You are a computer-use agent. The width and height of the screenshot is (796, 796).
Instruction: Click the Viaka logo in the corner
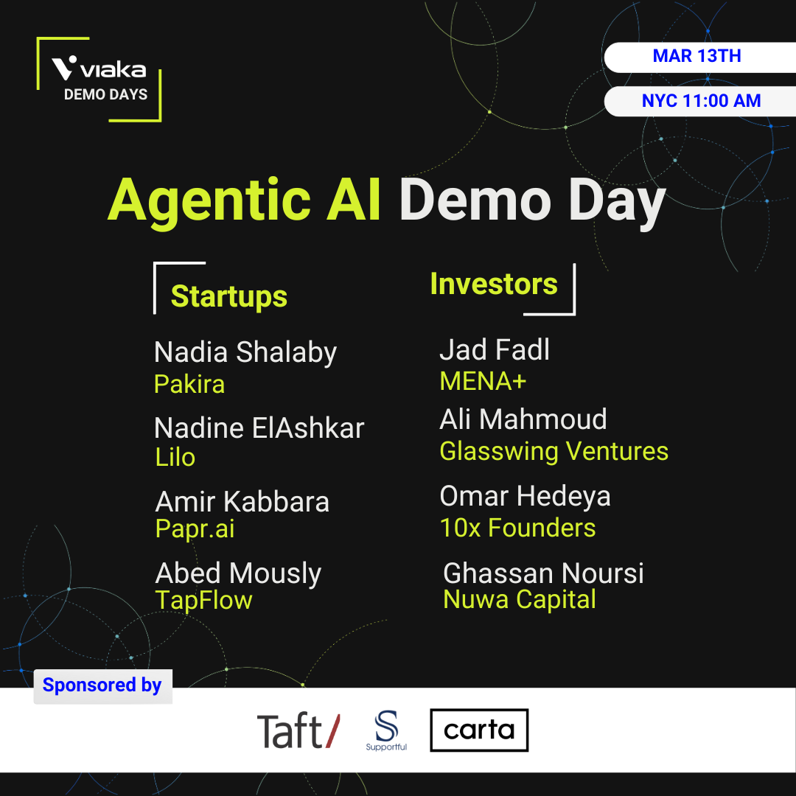[99, 79]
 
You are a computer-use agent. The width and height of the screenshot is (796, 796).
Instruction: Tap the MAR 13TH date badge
[699, 57]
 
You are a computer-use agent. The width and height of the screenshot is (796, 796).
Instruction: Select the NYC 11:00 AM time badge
[699, 101]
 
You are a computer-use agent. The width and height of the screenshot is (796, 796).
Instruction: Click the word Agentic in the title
[209, 202]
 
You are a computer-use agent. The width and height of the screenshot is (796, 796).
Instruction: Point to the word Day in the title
[617, 202]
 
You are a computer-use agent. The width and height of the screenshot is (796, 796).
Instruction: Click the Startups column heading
[229, 296]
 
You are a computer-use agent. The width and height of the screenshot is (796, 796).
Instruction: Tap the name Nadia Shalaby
[245, 353]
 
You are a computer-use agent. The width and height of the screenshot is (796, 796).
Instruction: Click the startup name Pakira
[189, 384]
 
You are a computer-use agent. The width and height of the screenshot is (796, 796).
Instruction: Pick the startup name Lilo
[175, 457]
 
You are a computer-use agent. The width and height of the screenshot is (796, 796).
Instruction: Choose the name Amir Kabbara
[242, 502]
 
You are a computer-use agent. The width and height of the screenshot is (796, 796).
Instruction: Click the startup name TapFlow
[203, 600]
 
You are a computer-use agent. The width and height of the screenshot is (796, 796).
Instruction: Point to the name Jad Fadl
[495, 349]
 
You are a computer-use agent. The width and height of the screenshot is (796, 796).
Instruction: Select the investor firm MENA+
[483, 381]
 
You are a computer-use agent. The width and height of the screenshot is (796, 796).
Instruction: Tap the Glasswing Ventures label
[554, 451]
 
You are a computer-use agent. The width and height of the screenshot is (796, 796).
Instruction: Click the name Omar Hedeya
[525, 497]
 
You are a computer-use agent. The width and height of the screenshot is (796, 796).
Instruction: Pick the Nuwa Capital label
[520, 599]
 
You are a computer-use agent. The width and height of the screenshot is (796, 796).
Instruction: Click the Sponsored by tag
[102, 686]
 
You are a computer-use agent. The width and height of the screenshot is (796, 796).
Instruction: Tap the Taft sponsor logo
[298, 730]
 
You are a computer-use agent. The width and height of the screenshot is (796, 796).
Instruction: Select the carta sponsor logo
[479, 730]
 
